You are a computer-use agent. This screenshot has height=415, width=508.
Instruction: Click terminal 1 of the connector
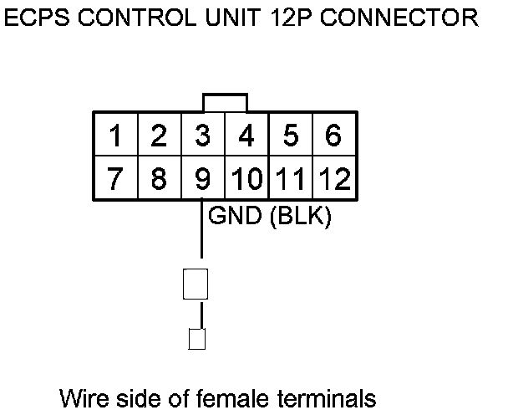[114, 135]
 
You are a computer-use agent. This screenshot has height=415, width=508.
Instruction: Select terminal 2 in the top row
[158, 135]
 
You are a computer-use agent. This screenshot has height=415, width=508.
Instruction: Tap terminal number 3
[201, 135]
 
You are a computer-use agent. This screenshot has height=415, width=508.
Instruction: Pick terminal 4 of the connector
[245, 135]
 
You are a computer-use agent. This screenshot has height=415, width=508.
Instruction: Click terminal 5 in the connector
[290, 135]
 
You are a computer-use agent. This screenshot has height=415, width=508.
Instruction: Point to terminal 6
[333, 135]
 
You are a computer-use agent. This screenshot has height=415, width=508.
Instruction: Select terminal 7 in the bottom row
[114, 178]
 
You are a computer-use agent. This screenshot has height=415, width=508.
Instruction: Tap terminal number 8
[158, 178]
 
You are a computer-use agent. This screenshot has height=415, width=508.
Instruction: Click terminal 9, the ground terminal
[201, 178]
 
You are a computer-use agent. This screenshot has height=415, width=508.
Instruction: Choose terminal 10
[246, 178]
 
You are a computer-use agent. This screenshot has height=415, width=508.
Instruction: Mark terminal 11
[290, 178]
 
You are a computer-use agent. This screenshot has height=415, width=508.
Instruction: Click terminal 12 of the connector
[333, 178]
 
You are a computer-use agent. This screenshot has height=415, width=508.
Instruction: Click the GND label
[235, 216]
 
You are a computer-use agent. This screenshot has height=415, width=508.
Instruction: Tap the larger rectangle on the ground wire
[195, 284]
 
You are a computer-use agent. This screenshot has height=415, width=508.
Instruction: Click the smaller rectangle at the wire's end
[197, 339]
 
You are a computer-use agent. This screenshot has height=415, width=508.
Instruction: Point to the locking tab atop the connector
[224, 101]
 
